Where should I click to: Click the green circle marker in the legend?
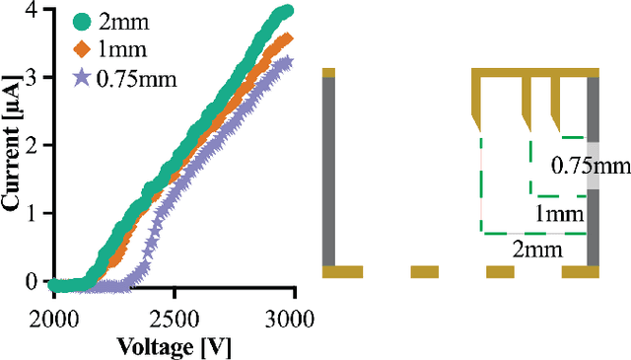(x=82, y=21)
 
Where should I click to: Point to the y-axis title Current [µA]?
(x=14, y=149)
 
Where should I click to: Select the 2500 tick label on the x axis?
(x=174, y=318)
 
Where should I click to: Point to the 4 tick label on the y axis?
(x=34, y=11)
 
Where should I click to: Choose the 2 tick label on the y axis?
(x=34, y=147)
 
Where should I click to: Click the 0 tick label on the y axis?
(x=34, y=283)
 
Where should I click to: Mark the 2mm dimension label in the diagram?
(x=537, y=250)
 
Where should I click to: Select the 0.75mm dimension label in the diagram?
(x=590, y=166)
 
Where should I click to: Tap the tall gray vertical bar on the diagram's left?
(x=329, y=170)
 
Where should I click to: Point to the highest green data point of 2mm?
(x=286, y=11)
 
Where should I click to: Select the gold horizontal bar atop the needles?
(x=535, y=72)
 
